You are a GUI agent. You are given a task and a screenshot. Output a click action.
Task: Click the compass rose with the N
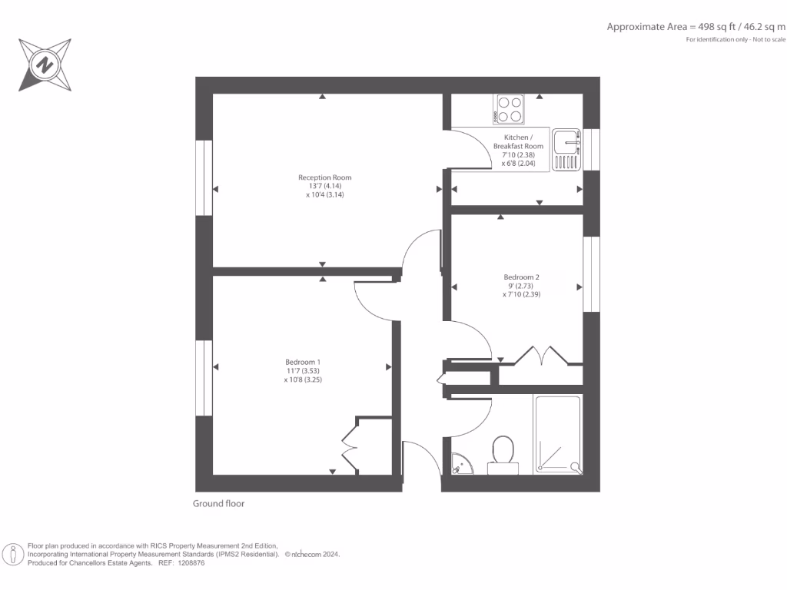(45, 65)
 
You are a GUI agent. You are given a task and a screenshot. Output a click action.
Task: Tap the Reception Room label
(324, 177)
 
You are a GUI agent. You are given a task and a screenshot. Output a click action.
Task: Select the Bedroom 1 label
(303, 362)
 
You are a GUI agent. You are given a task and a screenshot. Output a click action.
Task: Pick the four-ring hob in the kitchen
(509, 108)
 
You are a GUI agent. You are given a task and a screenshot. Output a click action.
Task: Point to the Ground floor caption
(218, 504)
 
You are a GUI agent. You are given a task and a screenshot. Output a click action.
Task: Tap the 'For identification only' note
(736, 39)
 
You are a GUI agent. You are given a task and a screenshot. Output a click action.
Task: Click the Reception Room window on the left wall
(204, 177)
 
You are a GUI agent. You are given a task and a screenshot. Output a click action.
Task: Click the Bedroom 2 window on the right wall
(591, 274)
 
